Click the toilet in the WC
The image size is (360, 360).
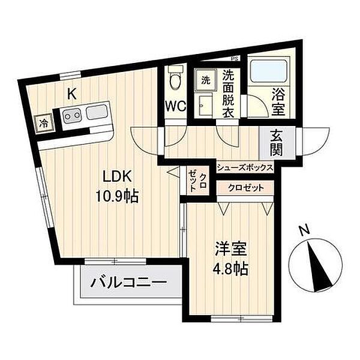click(175, 77)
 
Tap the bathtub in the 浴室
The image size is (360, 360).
click(269, 71)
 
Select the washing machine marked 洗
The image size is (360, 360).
click(205, 80)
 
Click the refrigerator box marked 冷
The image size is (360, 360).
click(44, 124)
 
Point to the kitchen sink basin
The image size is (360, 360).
click(97, 113)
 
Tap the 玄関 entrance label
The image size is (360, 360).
click(277, 142)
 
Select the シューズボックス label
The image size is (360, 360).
click(245, 167)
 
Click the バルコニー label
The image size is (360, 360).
click(128, 282)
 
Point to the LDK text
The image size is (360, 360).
click(117, 176)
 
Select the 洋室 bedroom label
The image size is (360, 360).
click(230, 248)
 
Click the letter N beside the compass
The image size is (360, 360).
click(305, 230)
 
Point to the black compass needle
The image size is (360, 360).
click(319, 266)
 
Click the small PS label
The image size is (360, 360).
click(235, 58)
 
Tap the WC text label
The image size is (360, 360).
click(176, 106)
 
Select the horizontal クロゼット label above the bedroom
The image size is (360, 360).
click(245, 188)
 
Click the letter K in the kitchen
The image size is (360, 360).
click(71, 94)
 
